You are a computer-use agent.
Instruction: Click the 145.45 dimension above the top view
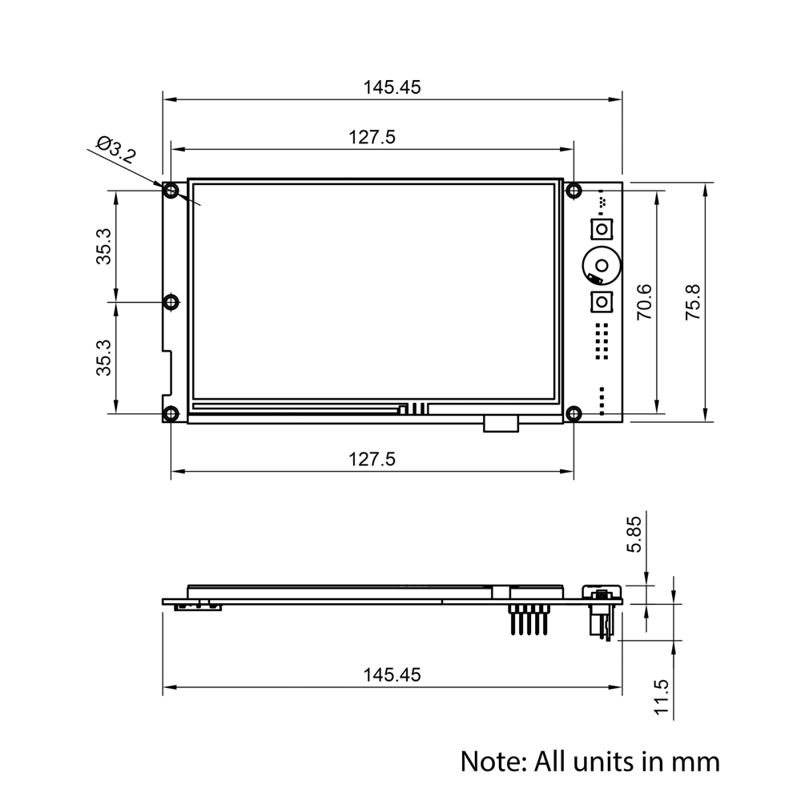[x=392, y=87]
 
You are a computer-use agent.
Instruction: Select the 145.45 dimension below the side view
[x=392, y=674]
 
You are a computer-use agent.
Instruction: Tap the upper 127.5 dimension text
[x=372, y=137]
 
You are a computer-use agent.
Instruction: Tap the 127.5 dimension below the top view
[x=372, y=459]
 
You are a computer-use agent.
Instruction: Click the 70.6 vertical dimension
[x=643, y=302]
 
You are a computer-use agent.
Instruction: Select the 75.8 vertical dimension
[x=693, y=302]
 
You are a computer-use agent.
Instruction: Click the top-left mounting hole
[x=171, y=191]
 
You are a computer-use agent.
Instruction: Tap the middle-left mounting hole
[x=171, y=302]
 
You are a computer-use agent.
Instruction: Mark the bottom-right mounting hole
[x=574, y=413]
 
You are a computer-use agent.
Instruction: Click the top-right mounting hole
[x=574, y=191]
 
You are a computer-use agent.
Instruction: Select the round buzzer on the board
[x=600, y=265]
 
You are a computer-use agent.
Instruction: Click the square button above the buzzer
[x=602, y=229]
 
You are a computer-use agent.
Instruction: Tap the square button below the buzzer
[x=602, y=302]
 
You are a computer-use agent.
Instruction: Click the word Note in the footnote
[x=489, y=760]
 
